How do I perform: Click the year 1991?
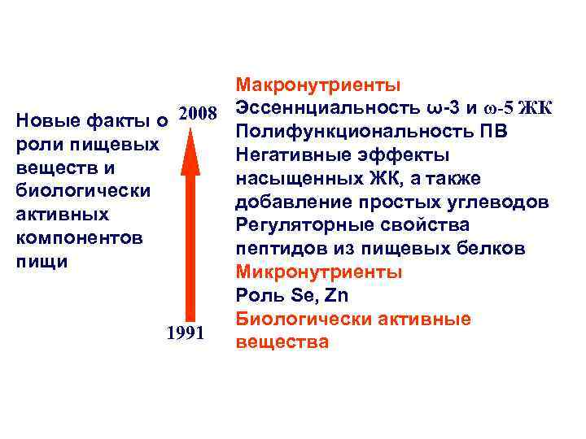185,333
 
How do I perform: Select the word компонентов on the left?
80,239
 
